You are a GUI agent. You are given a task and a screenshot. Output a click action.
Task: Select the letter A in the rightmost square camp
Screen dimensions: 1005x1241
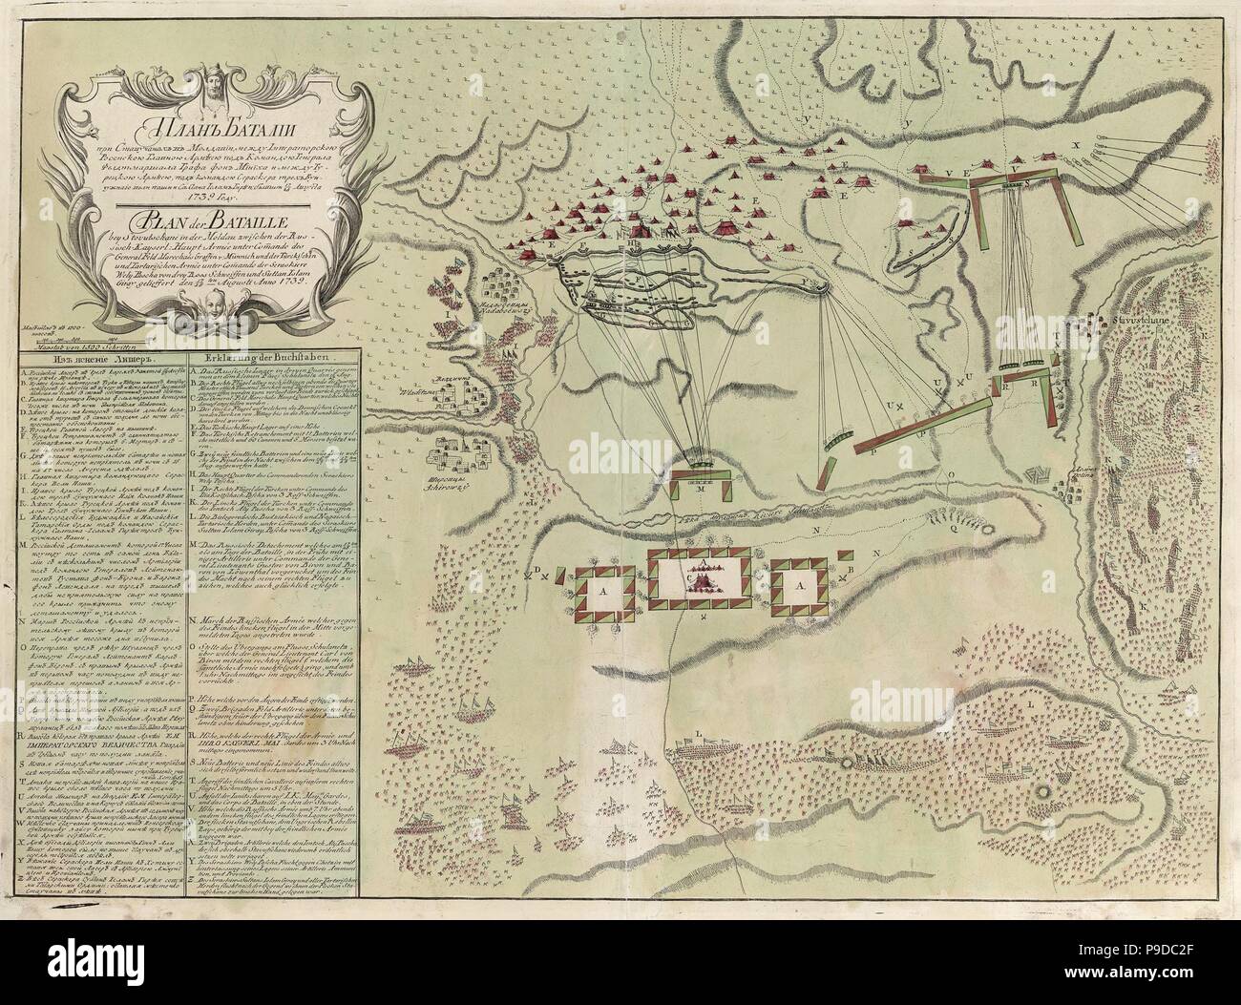[802, 590]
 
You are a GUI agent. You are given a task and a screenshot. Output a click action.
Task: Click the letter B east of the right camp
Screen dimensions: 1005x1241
[850, 571]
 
